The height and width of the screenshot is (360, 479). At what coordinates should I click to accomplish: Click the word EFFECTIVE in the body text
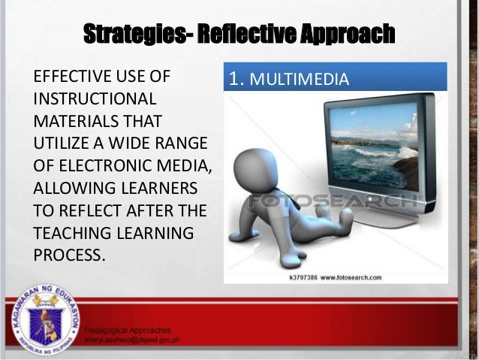(74, 77)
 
